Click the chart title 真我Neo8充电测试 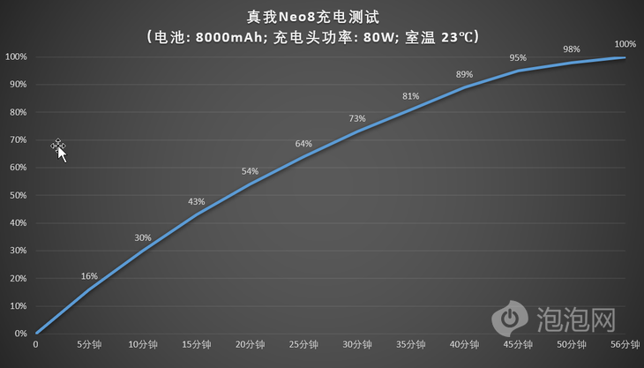321,16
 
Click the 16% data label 89,276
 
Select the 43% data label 196,202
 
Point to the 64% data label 303,144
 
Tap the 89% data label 465,75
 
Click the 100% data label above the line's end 625,44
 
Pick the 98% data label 571,49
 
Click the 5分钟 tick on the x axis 89,344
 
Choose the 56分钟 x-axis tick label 625,344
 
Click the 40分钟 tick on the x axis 465,344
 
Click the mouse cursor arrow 61,152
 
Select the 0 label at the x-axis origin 35,344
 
